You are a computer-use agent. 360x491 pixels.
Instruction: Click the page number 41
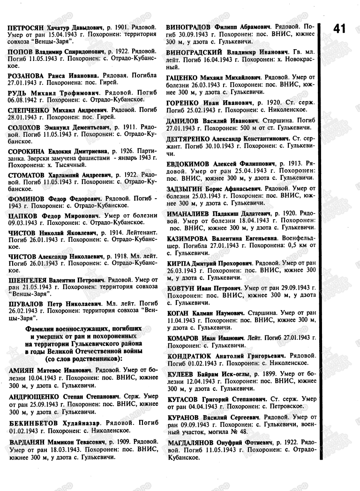point(339,29)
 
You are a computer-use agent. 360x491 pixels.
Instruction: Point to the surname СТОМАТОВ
point(27,175)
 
